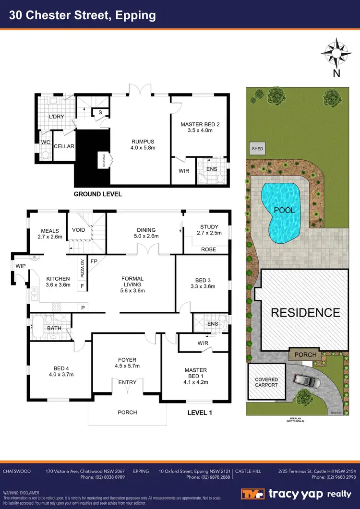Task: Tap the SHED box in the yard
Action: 257,149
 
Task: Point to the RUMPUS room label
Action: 143,142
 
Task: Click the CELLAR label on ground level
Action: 64,146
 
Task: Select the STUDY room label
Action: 209,227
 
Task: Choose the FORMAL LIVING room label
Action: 132,282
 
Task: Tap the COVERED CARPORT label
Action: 266,382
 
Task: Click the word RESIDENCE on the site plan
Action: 305,313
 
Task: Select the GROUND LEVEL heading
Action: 97,194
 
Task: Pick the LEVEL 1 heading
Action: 199,412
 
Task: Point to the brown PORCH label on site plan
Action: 305,355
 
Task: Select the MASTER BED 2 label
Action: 200,125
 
